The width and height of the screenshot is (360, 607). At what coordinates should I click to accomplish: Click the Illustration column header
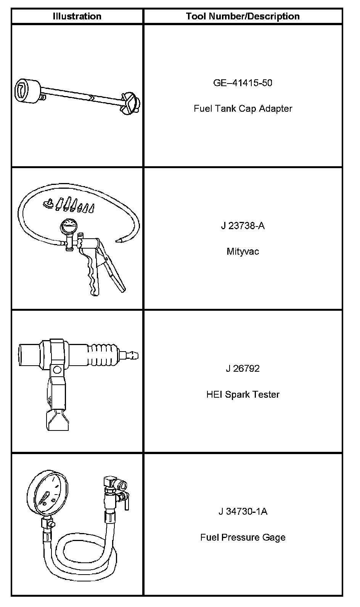[x=77, y=16]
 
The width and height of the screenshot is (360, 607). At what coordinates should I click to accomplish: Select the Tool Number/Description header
[x=243, y=16]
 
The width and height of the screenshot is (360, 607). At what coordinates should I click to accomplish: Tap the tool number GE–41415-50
[x=243, y=83]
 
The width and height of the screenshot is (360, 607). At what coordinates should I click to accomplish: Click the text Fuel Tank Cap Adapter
[x=243, y=109]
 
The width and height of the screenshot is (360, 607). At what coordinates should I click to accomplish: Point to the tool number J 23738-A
[x=243, y=226]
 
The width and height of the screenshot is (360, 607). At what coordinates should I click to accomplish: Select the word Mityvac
[x=243, y=252]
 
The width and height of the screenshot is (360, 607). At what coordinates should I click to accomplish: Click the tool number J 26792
[x=243, y=369]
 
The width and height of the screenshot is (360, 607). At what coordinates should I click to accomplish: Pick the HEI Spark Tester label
[x=243, y=394]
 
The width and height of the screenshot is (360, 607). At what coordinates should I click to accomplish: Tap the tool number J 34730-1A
[x=243, y=511]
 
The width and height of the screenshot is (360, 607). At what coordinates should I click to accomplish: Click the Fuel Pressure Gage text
[x=243, y=537]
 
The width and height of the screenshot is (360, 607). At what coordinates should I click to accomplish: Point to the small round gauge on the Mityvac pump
[x=67, y=227]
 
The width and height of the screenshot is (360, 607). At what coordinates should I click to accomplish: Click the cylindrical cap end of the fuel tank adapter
[x=28, y=91]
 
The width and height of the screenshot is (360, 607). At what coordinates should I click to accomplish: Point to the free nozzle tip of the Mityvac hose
[x=119, y=240]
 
